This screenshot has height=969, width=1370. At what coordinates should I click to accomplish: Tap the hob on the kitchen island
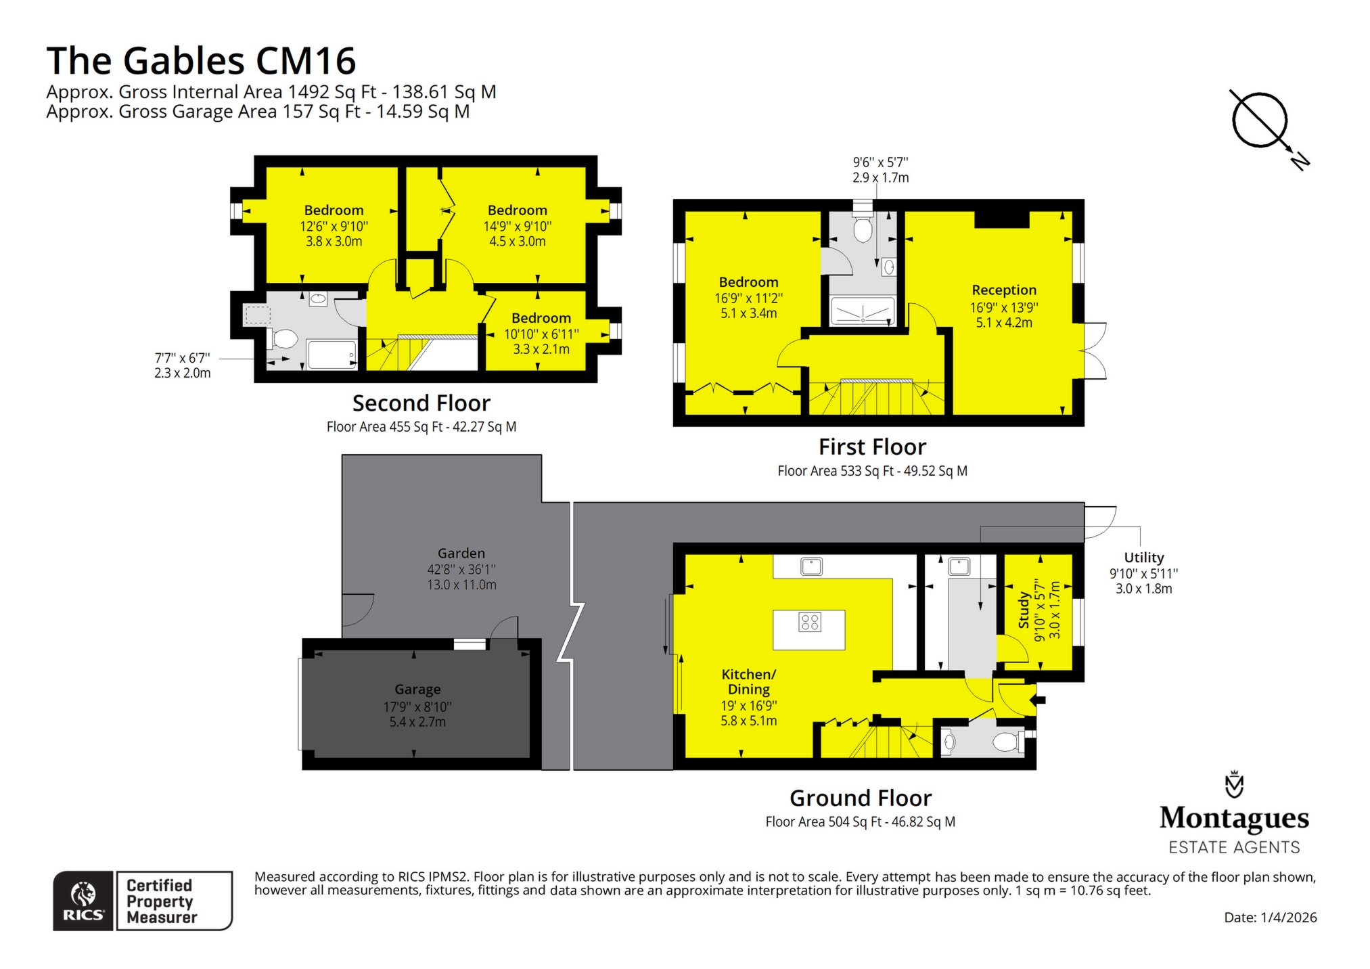(x=809, y=622)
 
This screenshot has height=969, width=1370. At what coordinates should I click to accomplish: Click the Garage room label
(x=417, y=689)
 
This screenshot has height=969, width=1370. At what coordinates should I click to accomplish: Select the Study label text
(x=1024, y=610)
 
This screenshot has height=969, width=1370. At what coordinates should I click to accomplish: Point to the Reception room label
(x=1004, y=290)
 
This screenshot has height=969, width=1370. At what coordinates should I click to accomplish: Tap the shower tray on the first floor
(x=863, y=312)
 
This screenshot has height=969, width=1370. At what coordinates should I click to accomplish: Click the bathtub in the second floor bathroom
(x=332, y=355)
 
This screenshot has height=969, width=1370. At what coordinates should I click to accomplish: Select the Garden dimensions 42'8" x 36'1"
(x=461, y=569)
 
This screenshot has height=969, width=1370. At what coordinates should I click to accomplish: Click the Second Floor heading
(x=421, y=403)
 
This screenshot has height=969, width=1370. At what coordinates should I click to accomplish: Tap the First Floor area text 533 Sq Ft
(x=871, y=471)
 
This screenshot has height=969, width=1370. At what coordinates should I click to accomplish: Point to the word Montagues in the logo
(x=1234, y=818)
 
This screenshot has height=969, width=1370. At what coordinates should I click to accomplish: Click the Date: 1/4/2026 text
(x=1270, y=918)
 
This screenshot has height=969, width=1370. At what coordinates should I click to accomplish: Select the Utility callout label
(x=1143, y=558)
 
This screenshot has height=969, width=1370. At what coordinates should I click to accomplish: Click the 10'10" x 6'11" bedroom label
(x=541, y=334)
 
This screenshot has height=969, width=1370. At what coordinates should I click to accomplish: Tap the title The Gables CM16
(x=201, y=61)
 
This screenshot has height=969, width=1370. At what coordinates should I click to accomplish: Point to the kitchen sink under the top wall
(x=811, y=566)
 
